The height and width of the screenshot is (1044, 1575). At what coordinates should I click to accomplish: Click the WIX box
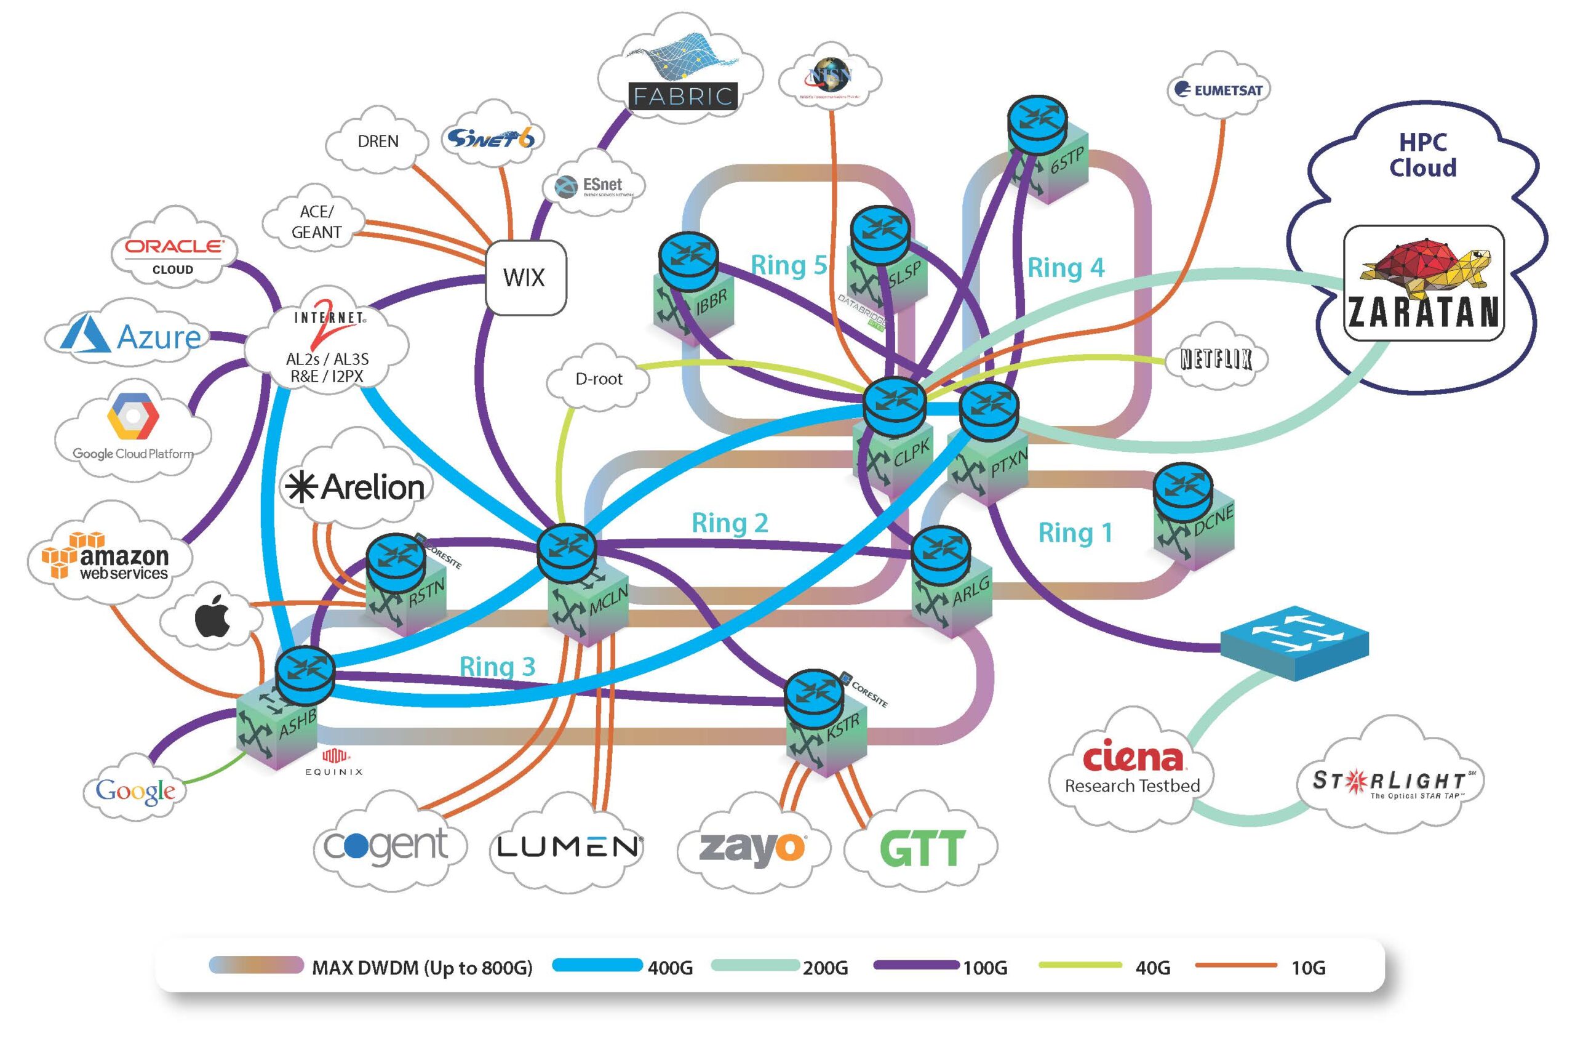(525, 277)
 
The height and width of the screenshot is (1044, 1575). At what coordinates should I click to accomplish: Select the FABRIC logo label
(683, 97)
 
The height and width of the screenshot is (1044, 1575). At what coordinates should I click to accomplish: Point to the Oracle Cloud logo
(173, 254)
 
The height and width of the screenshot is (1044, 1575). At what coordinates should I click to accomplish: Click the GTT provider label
(922, 849)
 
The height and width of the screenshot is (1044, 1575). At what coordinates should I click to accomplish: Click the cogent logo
(386, 846)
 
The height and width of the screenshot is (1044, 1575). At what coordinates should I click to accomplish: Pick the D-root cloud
(598, 379)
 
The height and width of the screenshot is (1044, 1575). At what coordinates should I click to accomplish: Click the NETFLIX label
(1216, 359)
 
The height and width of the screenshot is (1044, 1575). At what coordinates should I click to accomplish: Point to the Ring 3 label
(497, 667)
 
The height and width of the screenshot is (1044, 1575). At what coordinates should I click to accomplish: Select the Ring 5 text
(789, 265)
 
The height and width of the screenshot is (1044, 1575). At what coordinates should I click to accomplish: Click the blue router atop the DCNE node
(1182, 491)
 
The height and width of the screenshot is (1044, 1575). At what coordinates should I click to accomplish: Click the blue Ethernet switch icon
(1294, 641)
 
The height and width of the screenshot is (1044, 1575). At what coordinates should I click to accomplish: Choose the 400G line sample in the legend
(597, 965)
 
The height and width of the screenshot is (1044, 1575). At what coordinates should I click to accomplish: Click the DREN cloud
(378, 142)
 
